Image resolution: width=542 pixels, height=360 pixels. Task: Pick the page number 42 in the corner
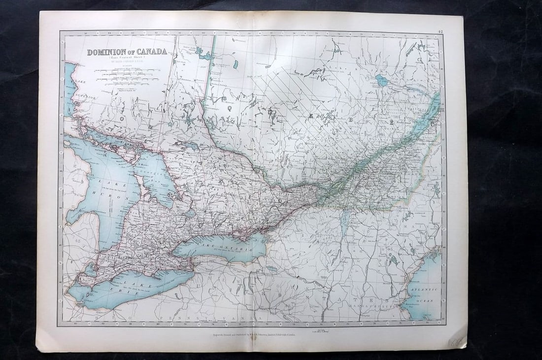click(440, 33)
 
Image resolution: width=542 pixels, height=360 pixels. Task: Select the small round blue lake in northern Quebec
click(382, 80)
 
